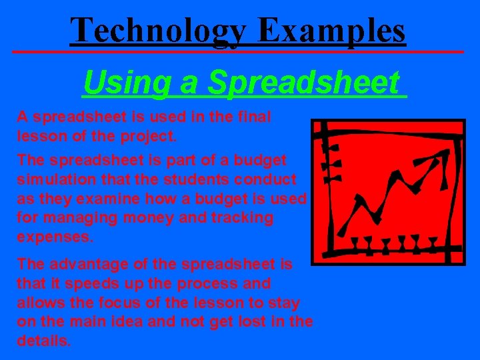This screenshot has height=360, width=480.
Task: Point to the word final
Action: pyautogui.click(x=255, y=117)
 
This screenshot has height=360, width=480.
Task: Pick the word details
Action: pyautogui.click(x=43, y=341)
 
